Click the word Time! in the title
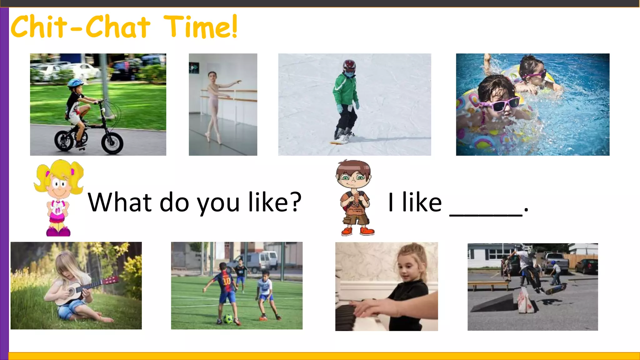pos(200,27)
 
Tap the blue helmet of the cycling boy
pos(75,82)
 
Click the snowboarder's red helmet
pos(349,65)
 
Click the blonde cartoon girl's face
pos(59,185)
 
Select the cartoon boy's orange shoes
pos(358,231)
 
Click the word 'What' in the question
pos(120,202)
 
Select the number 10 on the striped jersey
pos(227,281)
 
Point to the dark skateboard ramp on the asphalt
pos(492,303)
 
